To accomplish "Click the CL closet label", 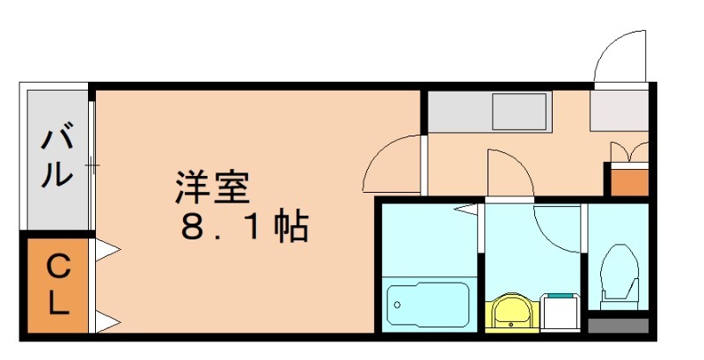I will coord(58,284).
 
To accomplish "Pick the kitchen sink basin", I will coord(520,113).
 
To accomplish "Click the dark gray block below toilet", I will coord(618,324).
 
